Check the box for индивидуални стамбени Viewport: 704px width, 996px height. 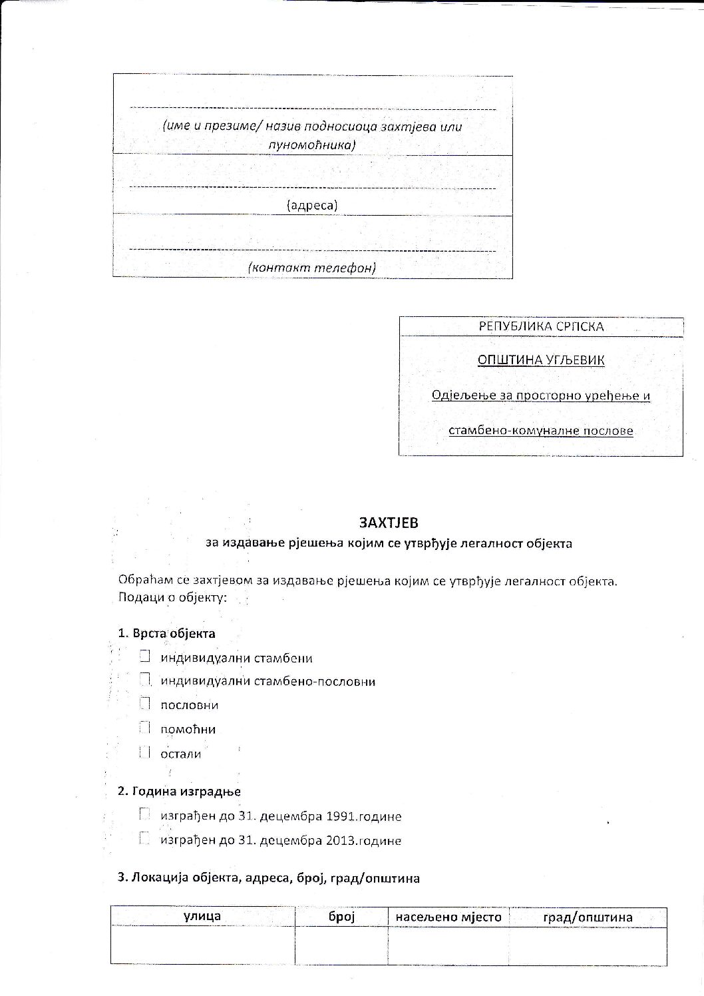tap(144, 656)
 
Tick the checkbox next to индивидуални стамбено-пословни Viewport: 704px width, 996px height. tap(144, 680)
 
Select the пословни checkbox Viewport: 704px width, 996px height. tap(144, 704)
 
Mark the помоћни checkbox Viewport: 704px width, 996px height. tap(144, 728)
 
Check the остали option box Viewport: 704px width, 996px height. tap(144, 752)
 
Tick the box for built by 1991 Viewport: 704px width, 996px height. tap(144, 814)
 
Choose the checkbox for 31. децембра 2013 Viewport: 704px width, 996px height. tap(144, 839)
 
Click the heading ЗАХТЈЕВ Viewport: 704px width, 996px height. tap(389, 523)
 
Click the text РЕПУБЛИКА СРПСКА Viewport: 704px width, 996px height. tap(541, 327)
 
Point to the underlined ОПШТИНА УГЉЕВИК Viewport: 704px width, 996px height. tap(541, 360)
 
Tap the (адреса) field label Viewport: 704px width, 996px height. tap(312, 206)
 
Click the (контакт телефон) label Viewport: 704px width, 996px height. tap(312, 268)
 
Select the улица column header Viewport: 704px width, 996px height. tap(202, 916)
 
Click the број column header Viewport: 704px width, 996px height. tap(342, 917)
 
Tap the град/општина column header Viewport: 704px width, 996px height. tap(588, 917)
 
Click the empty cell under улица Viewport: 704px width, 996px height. tap(202, 945)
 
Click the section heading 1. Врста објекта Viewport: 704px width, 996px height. tap(166, 633)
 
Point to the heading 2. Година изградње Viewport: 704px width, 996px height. tap(179, 792)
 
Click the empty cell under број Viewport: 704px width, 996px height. tap(342, 945)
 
